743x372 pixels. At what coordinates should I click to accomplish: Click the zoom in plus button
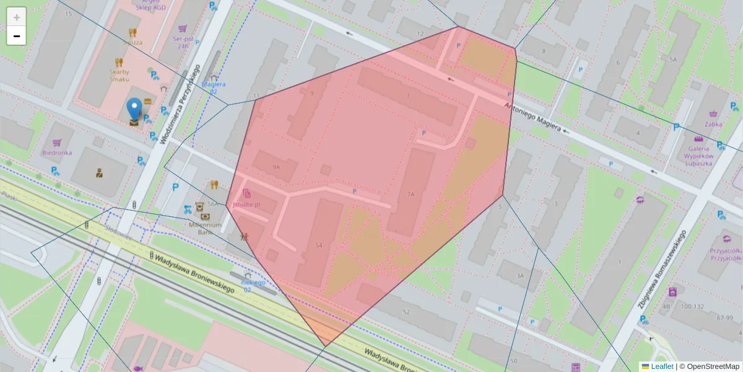point(16,17)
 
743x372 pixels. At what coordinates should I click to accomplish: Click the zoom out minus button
point(16,36)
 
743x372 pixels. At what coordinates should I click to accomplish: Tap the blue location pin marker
point(134,110)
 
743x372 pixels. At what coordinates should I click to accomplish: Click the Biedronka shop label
point(57,153)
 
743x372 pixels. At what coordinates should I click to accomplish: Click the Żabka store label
point(714,123)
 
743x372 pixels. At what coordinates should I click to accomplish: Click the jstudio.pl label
point(246,203)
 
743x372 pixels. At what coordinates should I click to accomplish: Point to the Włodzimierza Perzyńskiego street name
point(180,104)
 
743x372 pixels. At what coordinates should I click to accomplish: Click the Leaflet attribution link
point(658,366)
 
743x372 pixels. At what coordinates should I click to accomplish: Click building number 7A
point(411,194)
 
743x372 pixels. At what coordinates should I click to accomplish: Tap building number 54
point(319,246)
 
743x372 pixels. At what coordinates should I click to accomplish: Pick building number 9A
point(276,167)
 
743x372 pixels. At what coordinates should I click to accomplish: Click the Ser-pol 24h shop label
point(181,42)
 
